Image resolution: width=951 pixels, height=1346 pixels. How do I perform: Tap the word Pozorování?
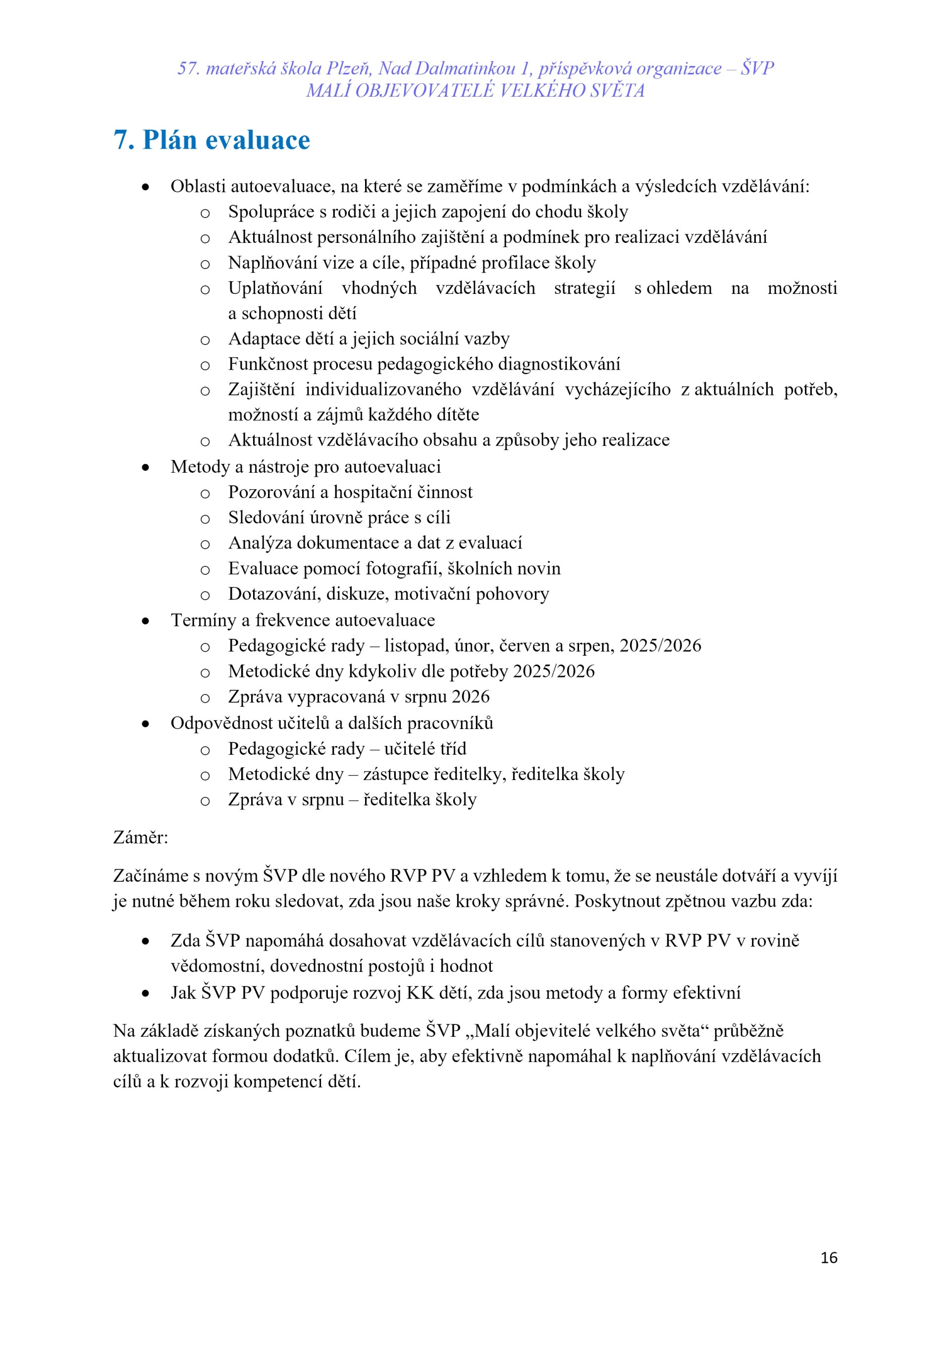pos(271,492)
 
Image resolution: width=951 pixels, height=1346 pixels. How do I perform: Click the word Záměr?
pos(141,837)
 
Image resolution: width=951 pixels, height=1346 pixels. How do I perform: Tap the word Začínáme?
pos(150,876)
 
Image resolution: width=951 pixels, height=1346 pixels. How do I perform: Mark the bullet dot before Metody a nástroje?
pos(145,467)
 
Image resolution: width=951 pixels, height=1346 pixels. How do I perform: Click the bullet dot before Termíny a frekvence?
pos(145,621)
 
